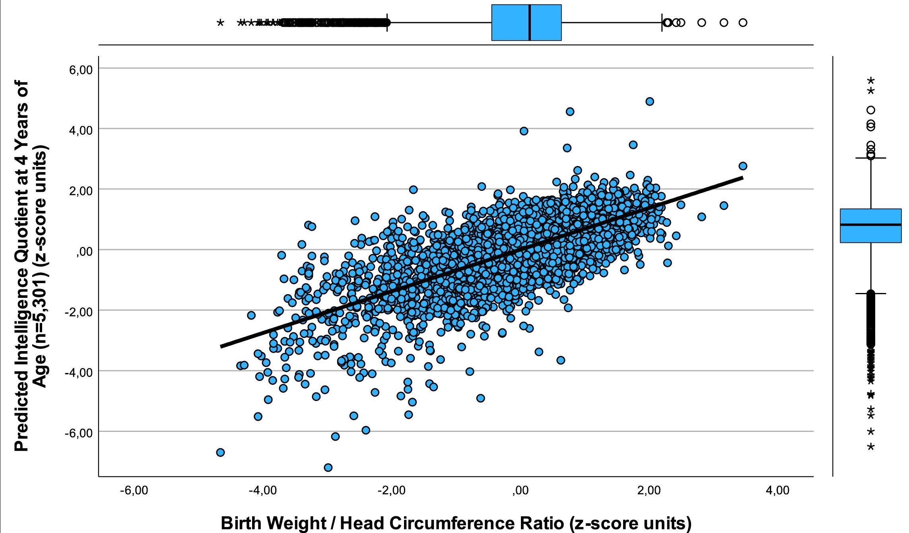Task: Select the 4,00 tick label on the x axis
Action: (777, 490)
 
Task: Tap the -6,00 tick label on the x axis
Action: (134, 490)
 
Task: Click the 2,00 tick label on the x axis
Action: (649, 490)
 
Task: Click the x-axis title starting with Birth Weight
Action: (456, 523)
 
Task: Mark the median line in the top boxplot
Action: (530, 23)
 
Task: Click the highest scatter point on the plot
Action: (650, 102)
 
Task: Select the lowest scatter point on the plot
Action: (328, 467)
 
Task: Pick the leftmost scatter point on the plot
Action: (220, 452)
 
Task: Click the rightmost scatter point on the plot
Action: (743, 166)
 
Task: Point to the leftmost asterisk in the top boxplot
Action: (220, 23)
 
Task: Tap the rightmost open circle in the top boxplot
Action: (743, 23)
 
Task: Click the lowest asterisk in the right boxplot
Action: (870, 447)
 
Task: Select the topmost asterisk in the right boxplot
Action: (870, 81)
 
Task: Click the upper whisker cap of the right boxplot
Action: (870, 158)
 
